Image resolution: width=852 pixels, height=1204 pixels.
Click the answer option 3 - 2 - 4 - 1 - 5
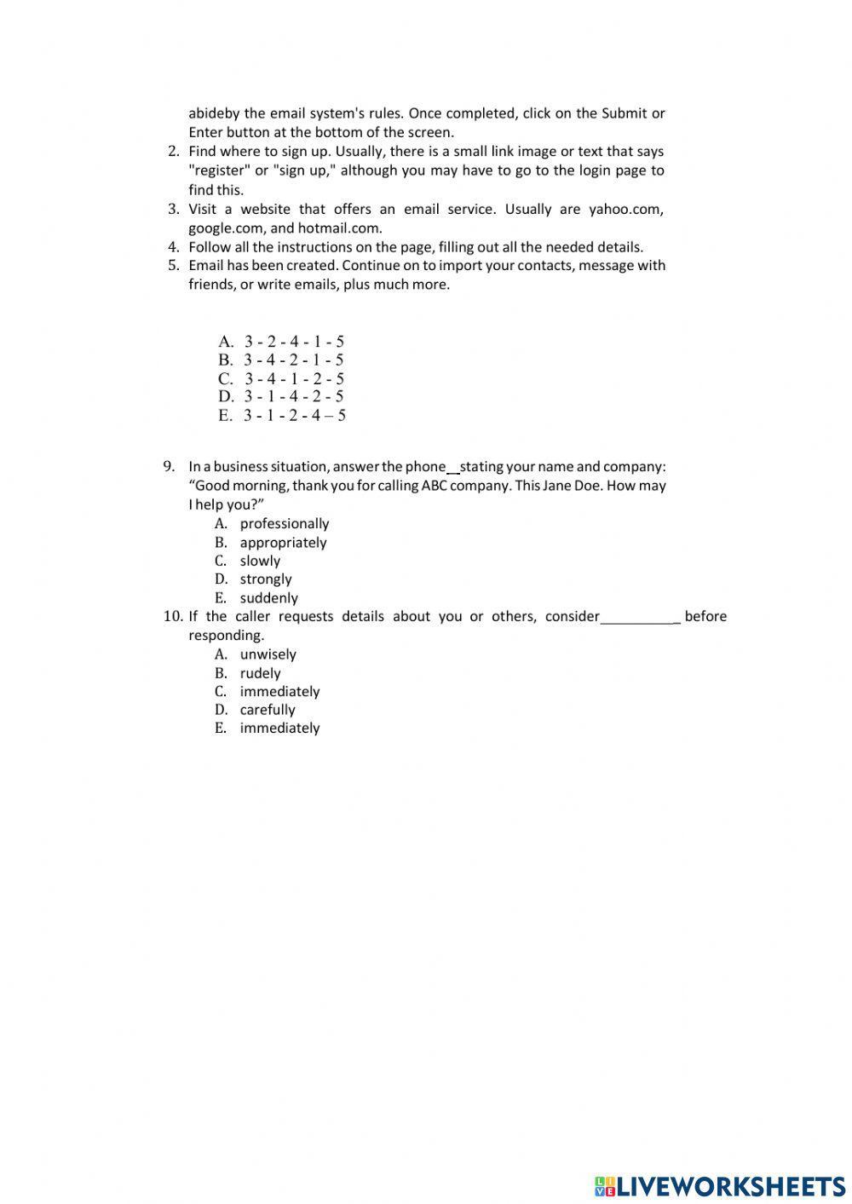tap(293, 342)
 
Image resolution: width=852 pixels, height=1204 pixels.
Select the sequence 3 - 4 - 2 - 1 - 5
tap(293, 360)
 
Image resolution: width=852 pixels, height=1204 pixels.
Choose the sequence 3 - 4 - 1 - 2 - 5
tap(294, 379)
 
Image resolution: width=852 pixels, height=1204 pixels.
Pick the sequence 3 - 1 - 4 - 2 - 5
tap(293, 397)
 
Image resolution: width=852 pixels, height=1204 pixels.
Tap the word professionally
tap(284, 524)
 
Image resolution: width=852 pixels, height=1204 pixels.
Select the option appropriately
tap(283, 543)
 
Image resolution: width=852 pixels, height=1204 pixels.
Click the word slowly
tap(260, 561)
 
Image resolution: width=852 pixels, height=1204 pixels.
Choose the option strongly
tap(266, 579)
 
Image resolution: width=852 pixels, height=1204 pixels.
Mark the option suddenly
tap(268, 598)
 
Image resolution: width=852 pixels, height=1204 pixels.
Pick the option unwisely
tap(268, 654)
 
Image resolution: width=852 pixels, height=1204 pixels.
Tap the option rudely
tap(260, 673)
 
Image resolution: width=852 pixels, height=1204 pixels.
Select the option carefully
tap(268, 710)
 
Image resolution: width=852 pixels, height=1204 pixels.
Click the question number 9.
tap(169, 466)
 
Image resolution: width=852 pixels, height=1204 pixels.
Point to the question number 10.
tap(172, 616)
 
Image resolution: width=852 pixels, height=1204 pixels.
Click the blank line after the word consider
tap(639, 618)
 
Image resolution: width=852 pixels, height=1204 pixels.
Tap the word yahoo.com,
tap(626, 210)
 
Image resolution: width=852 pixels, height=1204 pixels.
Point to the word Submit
tap(624, 113)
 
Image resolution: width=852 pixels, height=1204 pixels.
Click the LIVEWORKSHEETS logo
tap(720, 1185)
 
